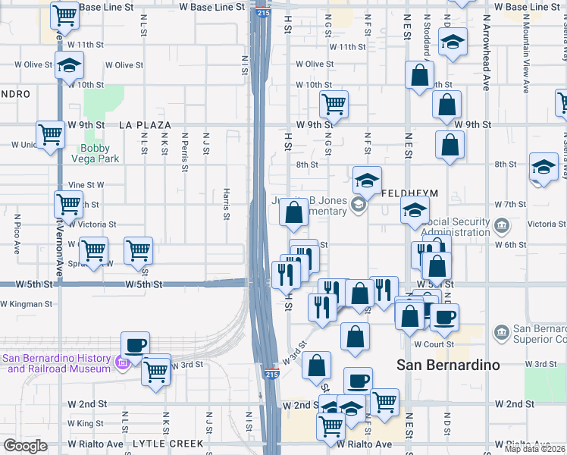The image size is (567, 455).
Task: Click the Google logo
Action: pyautogui.click(x=25, y=447)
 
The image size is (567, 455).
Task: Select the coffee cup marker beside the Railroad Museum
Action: pyautogui.click(x=135, y=346)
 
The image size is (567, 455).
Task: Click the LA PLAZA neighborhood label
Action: pyautogui.click(x=145, y=124)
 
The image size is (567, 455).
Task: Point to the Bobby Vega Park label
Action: pyautogui.click(x=96, y=154)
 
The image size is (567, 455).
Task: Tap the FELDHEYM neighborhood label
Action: pyautogui.click(x=409, y=193)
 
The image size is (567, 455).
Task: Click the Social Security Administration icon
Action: pyautogui.click(x=502, y=225)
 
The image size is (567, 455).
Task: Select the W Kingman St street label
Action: pyautogui.click(x=27, y=304)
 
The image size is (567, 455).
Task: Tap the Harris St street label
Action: pyautogui.click(x=226, y=200)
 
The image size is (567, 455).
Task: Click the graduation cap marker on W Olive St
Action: pyautogui.click(x=69, y=65)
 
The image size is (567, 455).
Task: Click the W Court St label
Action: pyautogui.click(x=435, y=344)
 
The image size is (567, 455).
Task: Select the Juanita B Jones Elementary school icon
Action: pyautogui.click(x=360, y=205)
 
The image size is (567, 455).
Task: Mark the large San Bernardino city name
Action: pyautogui.click(x=448, y=365)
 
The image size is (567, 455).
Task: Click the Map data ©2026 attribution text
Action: pyautogui.click(x=534, y=449)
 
